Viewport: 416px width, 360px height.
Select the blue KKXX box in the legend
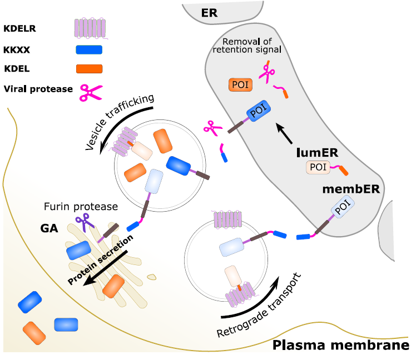tap(88, 50)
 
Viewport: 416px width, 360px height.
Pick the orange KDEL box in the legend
tap(88, 69)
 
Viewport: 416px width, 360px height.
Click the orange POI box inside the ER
tap(240, 85)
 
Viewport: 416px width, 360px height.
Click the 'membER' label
tap(351, 189)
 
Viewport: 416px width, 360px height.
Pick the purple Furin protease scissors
tap(85, 223)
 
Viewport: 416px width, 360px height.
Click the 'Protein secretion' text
tap(100, 259)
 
